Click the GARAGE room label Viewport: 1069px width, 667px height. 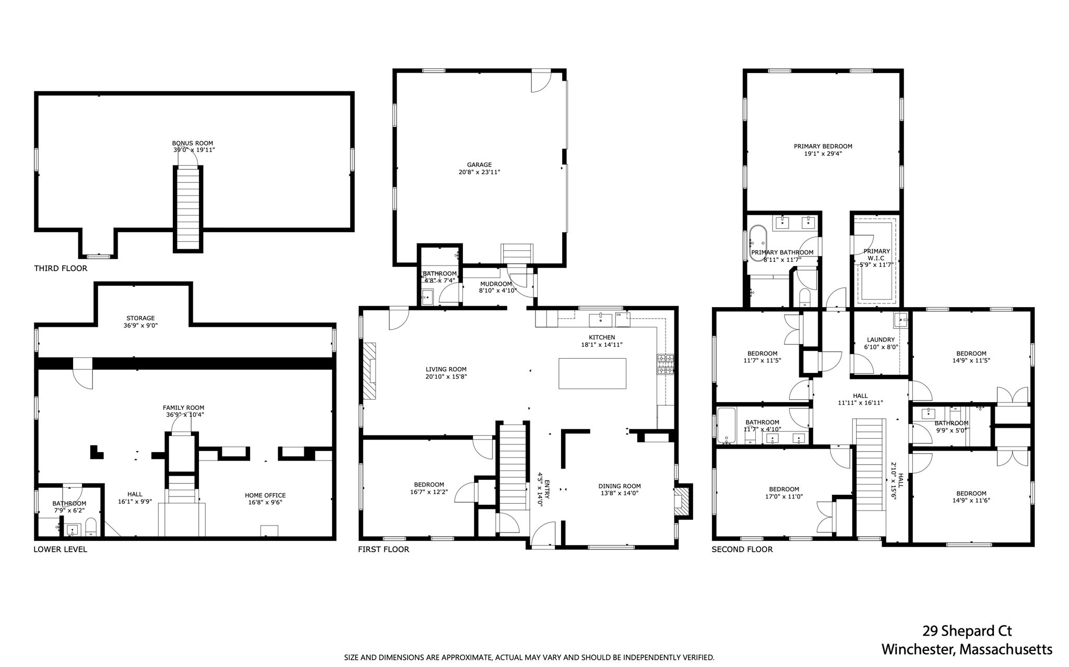click(479, 165)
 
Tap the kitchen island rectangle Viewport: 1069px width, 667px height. click(592, 373)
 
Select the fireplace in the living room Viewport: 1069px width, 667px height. click(370, 371)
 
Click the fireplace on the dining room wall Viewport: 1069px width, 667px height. click(683, 501)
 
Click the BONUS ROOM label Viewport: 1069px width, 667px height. click(193, 143)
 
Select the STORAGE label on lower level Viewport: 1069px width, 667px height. click(140, 318)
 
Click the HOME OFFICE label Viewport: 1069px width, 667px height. click(265, 495)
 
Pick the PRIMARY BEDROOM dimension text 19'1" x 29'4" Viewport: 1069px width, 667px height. click(823, 154)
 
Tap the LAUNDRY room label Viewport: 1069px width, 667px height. click(881, 339)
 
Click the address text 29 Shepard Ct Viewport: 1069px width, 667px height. click(967, 631)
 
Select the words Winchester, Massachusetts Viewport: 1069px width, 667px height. click(967, 650)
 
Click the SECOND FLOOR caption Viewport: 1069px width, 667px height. click(742, 549)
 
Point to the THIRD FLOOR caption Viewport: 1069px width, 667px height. click(61, 269)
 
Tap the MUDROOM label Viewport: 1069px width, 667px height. click(496, 284)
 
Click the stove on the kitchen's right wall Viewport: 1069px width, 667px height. click(666, 365)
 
